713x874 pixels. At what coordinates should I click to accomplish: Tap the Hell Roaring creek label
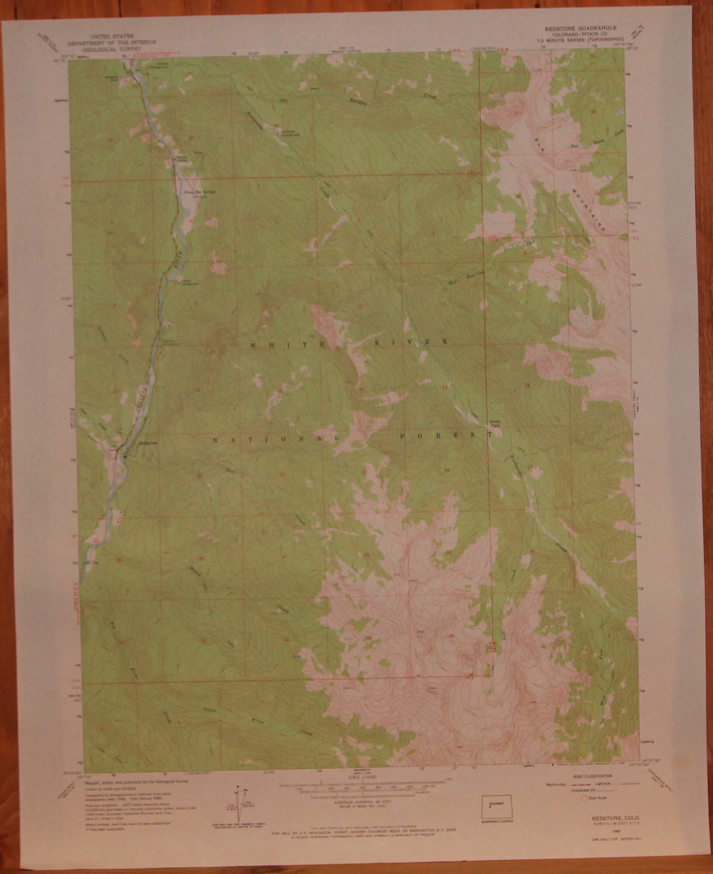pos(467,277)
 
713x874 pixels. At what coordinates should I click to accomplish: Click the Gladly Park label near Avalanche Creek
pos(495,423)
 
